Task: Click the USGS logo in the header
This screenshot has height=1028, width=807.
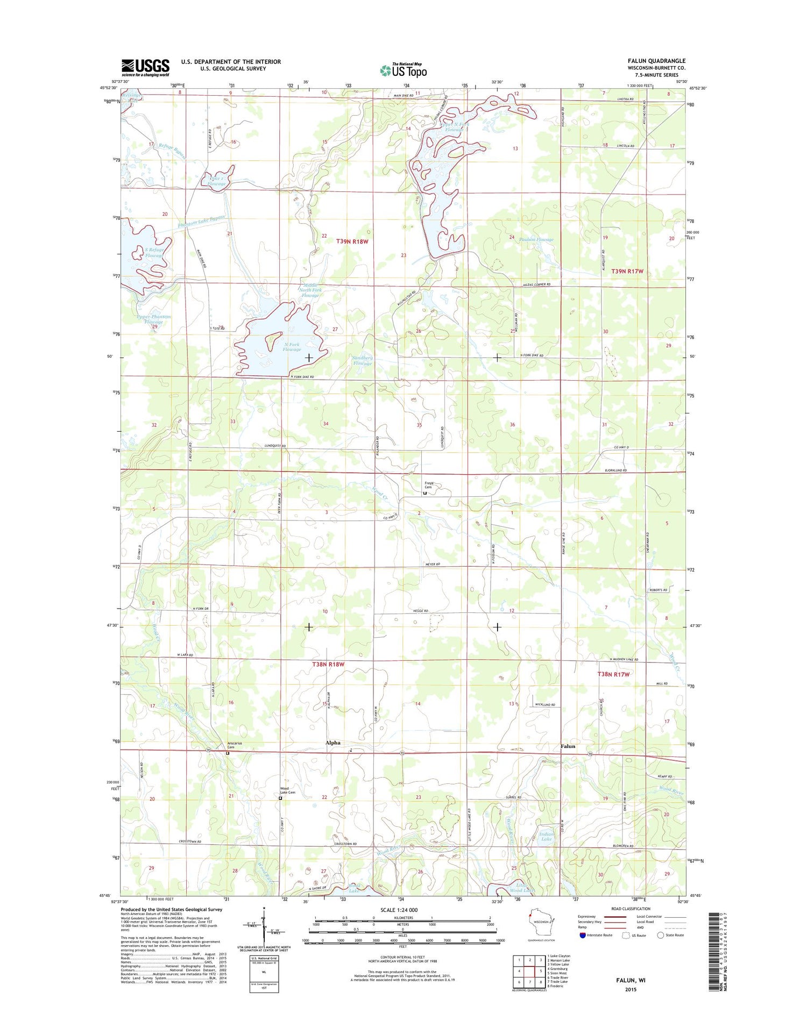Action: pyautogui.click(x=145, y=67)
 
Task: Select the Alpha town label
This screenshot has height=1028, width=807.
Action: pyautogui.click(x=332, y=743)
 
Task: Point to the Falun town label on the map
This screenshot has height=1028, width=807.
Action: pyautogui.click(x=568, y=746)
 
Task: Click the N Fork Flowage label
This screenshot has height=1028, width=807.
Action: pyautogui.click(x=292, y=347)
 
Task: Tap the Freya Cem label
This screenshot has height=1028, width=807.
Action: pyautogui.click(x=429, y=485)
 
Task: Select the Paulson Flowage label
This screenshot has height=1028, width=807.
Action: pyautogui.click(x=536, y=240)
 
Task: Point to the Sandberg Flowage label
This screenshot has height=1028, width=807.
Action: pyautogui.click(x=362, y=360)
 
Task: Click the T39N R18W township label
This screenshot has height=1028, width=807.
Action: pyautogui.click(x=352, y=241)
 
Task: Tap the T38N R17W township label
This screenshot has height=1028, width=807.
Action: pyautogui.click(x=613, y=674)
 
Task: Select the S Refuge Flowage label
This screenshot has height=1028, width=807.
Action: pyautogui.click(x=154, y=253)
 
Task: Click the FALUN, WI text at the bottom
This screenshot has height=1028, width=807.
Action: pyautogui.click(x=631, y=980)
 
